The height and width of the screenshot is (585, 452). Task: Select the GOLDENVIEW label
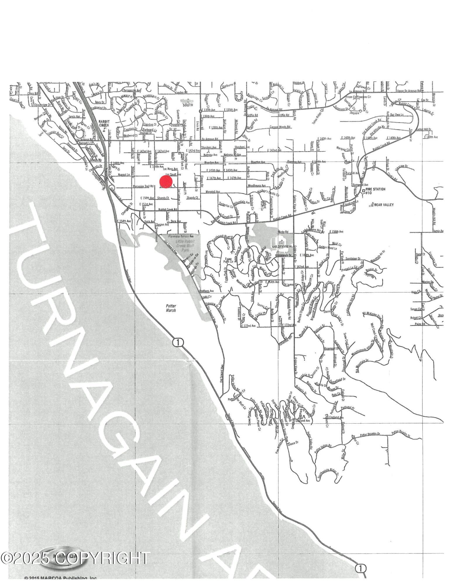282,247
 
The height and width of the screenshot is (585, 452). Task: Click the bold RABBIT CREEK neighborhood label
104,123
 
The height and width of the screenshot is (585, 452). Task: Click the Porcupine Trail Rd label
143,186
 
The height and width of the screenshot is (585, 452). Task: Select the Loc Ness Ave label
170,169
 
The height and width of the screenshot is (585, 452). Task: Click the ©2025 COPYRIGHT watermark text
75,558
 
